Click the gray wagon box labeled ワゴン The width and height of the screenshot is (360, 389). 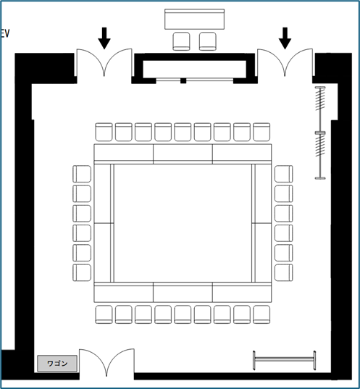point(57,364)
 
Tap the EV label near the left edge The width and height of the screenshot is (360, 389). point(5,33)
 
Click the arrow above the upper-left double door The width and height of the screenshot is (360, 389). point(104,38)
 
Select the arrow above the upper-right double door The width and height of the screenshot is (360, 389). point(285,38)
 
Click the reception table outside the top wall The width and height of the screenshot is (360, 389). point(195,19)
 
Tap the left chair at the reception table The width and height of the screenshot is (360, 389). point(181,41)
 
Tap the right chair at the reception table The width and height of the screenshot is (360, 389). point(208,41)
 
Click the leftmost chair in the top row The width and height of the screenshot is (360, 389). point(104,132)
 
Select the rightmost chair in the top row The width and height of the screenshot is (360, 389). point(261,132)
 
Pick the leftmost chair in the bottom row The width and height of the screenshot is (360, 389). point(104,314)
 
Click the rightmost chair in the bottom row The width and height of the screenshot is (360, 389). point(261,314)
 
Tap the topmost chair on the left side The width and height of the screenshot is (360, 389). point(82,174)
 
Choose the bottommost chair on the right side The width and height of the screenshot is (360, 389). point(284,272)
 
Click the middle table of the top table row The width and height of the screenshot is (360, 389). point(183,154)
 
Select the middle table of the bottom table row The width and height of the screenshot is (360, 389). point(183,292)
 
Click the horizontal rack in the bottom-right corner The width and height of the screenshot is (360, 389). point(284,361)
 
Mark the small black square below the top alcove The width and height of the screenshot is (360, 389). point(183,80)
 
